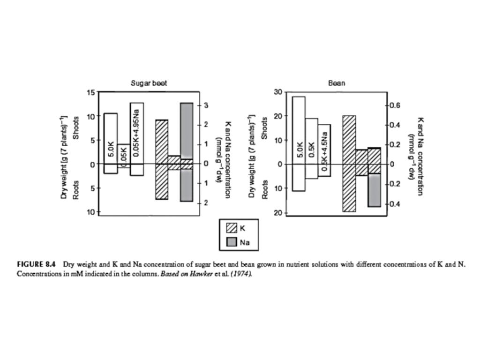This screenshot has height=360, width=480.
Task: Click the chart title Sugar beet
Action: point(149,83)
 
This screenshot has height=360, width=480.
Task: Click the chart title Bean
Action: point(336,83)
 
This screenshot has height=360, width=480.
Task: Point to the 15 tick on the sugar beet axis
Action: point(90,92)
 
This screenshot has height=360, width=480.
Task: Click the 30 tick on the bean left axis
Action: point(278,92)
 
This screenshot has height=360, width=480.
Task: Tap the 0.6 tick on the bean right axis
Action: point(396,105)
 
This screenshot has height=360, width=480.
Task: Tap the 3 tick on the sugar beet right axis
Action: point(206,105)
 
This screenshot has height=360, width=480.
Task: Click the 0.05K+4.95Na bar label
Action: point(136,132)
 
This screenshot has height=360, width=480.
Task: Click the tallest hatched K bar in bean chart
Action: point(349,164)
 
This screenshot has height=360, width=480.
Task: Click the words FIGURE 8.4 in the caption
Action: point(36,264)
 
